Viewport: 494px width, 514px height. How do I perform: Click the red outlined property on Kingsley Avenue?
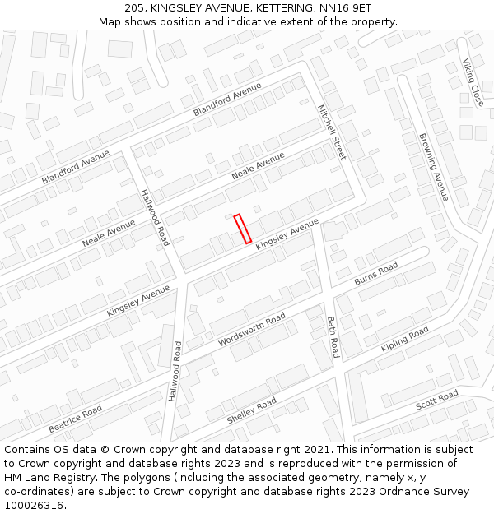point(242,229)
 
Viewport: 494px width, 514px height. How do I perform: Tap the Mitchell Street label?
point(332,132)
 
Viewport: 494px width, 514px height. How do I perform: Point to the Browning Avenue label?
point(433,167)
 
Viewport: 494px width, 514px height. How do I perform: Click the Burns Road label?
point(376,273)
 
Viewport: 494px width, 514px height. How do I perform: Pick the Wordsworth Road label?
point(252,329)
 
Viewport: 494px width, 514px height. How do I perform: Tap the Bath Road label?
point(333,337)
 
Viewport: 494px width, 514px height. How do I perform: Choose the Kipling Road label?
point(405,339)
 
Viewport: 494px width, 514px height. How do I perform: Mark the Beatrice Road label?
point(75,419)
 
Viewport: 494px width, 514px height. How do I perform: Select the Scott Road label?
point(436,401)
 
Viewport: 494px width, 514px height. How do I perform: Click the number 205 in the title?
point(136,7)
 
